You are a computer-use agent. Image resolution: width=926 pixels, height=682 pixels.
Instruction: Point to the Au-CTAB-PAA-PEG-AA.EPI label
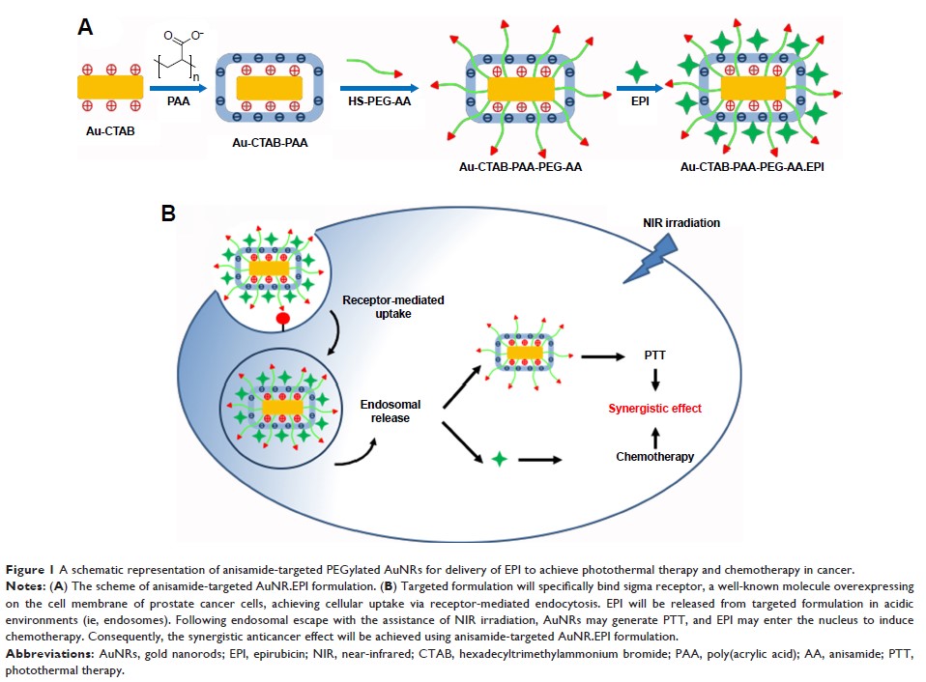pyautogui.click(x=758, y=167)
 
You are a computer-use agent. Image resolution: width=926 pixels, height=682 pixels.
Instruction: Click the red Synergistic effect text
pyautogui.click(x=654, y=409)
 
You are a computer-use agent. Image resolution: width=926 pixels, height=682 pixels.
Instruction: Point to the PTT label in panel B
pyautogui.click(x=655, y=356)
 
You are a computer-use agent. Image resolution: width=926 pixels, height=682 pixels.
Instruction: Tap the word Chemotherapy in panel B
pyautogui.click(x=654, y=457)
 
